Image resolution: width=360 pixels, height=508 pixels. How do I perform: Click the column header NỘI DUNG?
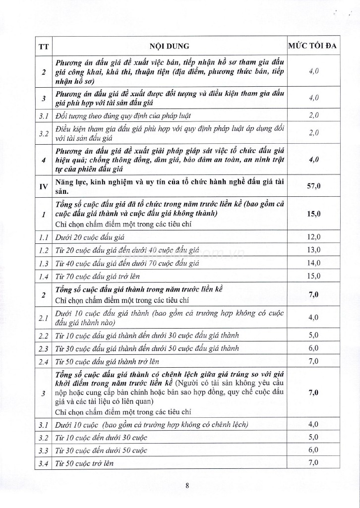tap(170, 46)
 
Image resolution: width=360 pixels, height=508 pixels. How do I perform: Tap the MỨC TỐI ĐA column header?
tap(313, 46)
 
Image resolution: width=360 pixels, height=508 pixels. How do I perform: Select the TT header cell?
tap(43, 47)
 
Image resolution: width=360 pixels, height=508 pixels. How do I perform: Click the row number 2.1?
tap(43, 317)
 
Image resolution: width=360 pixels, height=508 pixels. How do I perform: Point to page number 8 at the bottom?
tap(187, 486)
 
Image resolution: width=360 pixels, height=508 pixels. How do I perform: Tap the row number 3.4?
tap(43, 463)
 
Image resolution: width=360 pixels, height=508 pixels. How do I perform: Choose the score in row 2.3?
tap(314, 348)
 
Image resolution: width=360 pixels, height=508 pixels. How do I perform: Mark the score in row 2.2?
tap(314, 335)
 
